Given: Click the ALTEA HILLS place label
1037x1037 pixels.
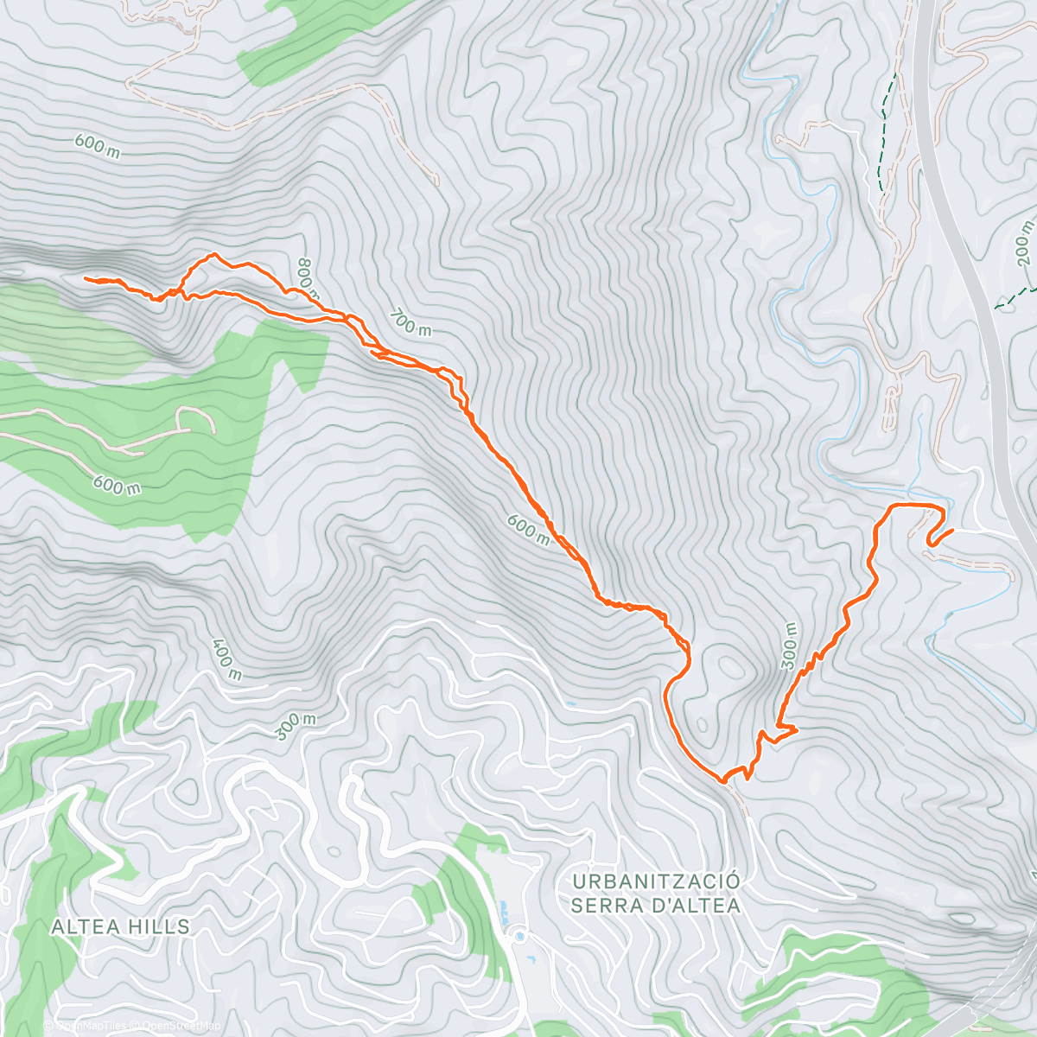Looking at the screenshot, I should [x=120, y=926].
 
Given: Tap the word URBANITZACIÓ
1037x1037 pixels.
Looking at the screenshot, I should [x=657, y=881].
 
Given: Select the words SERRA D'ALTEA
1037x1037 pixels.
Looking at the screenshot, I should [x=657, y=906].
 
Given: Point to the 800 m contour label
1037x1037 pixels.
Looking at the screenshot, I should [x=307, y=276].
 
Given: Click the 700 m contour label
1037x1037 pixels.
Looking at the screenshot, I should [x=410, y=323].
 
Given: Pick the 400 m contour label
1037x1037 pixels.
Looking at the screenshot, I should [x=224, y=659].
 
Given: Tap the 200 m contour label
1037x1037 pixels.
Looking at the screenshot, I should [x=1024, y=243].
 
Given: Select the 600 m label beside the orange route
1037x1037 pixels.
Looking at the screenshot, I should [x=528, y=529].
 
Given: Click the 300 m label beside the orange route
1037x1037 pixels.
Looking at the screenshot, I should [x=789, y=646].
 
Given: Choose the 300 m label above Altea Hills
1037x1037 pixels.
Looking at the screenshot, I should [x=296, y=727].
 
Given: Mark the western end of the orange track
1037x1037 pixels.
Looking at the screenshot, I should [x=85, y=278].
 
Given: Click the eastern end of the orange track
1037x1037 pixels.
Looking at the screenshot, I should [x=951, y=531].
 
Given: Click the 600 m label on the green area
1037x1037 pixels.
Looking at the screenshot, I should [x=118, y=487].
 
